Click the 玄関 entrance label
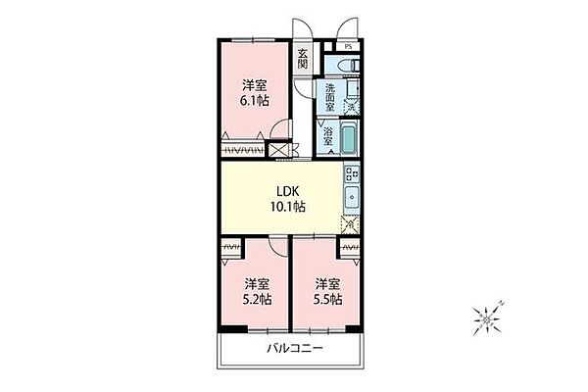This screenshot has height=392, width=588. (x=303, y=59)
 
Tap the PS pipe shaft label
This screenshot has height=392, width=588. (x=348, y=47)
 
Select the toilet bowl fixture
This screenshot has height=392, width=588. (x=348, y=66)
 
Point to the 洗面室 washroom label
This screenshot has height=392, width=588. (x=330, y=98)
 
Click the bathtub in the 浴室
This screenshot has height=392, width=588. (x=350, y=137)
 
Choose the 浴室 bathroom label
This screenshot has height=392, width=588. (x=328, y=136)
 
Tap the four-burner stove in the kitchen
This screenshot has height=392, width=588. (x=352, y=174)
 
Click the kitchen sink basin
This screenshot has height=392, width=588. (x=352, y=197)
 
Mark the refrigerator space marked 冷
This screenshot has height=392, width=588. (x=350, y=224)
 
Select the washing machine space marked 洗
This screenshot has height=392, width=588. (x=352, y=107)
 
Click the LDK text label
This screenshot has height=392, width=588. (x=287, y=192)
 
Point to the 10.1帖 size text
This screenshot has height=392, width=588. (x=287, y=207)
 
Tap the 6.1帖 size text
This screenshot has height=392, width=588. (x=254, y=101)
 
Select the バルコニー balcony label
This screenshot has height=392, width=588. (x=295, y=349)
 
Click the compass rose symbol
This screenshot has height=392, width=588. (x=487, y=318)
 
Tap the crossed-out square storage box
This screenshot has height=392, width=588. (x=278, y=150)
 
